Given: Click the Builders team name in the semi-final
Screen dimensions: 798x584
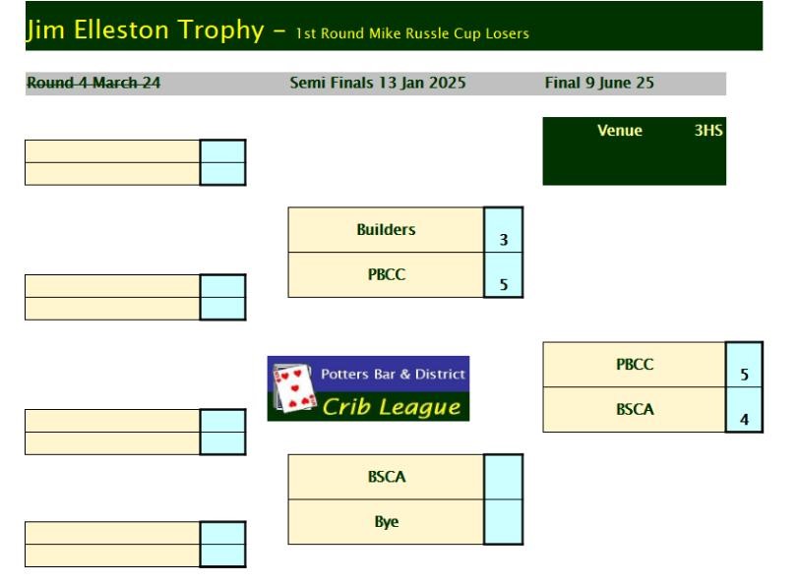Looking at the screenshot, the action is click(386, 229).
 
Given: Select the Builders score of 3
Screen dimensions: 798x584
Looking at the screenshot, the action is click(504, 240).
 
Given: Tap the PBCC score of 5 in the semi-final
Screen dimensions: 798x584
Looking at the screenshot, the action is click(504, 284).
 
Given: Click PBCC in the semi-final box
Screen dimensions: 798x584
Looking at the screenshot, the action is click(387, 274).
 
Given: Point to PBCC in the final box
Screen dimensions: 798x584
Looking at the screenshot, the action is click(635, 364).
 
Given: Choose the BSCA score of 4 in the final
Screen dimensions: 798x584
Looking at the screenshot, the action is click(744, 420).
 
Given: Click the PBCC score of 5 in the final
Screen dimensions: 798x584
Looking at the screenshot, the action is click(744, 375).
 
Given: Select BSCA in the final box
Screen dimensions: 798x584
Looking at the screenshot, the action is click(635, 409).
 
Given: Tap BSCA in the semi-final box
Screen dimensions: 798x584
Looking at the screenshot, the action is click(387, 477).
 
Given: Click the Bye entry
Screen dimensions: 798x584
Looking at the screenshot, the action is click(387, 521).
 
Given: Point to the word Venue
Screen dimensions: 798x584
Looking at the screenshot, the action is click(619, 130).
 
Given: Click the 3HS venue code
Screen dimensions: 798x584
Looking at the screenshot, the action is click(708, 130).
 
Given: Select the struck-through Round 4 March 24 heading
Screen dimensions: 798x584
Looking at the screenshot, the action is click(93, 83).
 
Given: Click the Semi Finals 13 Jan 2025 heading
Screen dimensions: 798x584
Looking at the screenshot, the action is click(378, 83).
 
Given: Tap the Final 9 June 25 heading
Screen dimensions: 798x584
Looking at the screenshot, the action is click(599, 83).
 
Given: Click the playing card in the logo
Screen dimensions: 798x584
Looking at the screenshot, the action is click(292, 387).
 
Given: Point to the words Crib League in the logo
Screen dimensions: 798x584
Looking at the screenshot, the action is click(392, 406).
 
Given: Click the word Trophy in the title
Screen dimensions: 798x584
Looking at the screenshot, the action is click(220, 30).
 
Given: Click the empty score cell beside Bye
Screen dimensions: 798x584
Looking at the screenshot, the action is click(504, 522).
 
